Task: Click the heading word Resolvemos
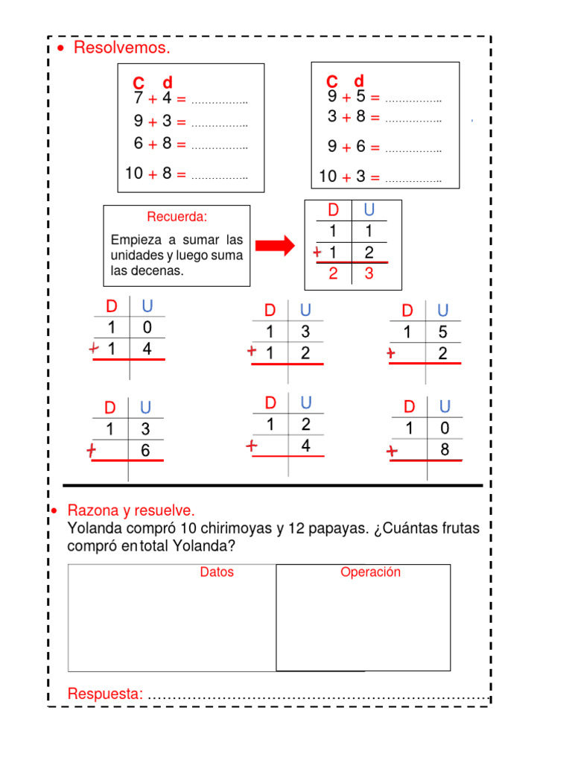pos(122,49)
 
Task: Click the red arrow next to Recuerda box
pos(276,245)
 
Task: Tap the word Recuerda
pos(177,217)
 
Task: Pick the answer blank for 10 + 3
pos(413,179)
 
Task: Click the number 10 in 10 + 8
pos(134,174)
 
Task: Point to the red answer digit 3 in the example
pos(369,273)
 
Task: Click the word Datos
pos(217,572)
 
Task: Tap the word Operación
pos(370,572)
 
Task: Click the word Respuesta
pos(105,694)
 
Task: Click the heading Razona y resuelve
pos(131,511)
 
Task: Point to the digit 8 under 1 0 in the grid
pos(445,449)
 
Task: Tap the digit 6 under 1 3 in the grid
pos(145,450)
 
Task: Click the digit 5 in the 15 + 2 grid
pos(442,332)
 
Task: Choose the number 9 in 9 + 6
pos(332,147)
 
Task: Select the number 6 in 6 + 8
pos(139,144)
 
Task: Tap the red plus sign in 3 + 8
pos(346,117)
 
